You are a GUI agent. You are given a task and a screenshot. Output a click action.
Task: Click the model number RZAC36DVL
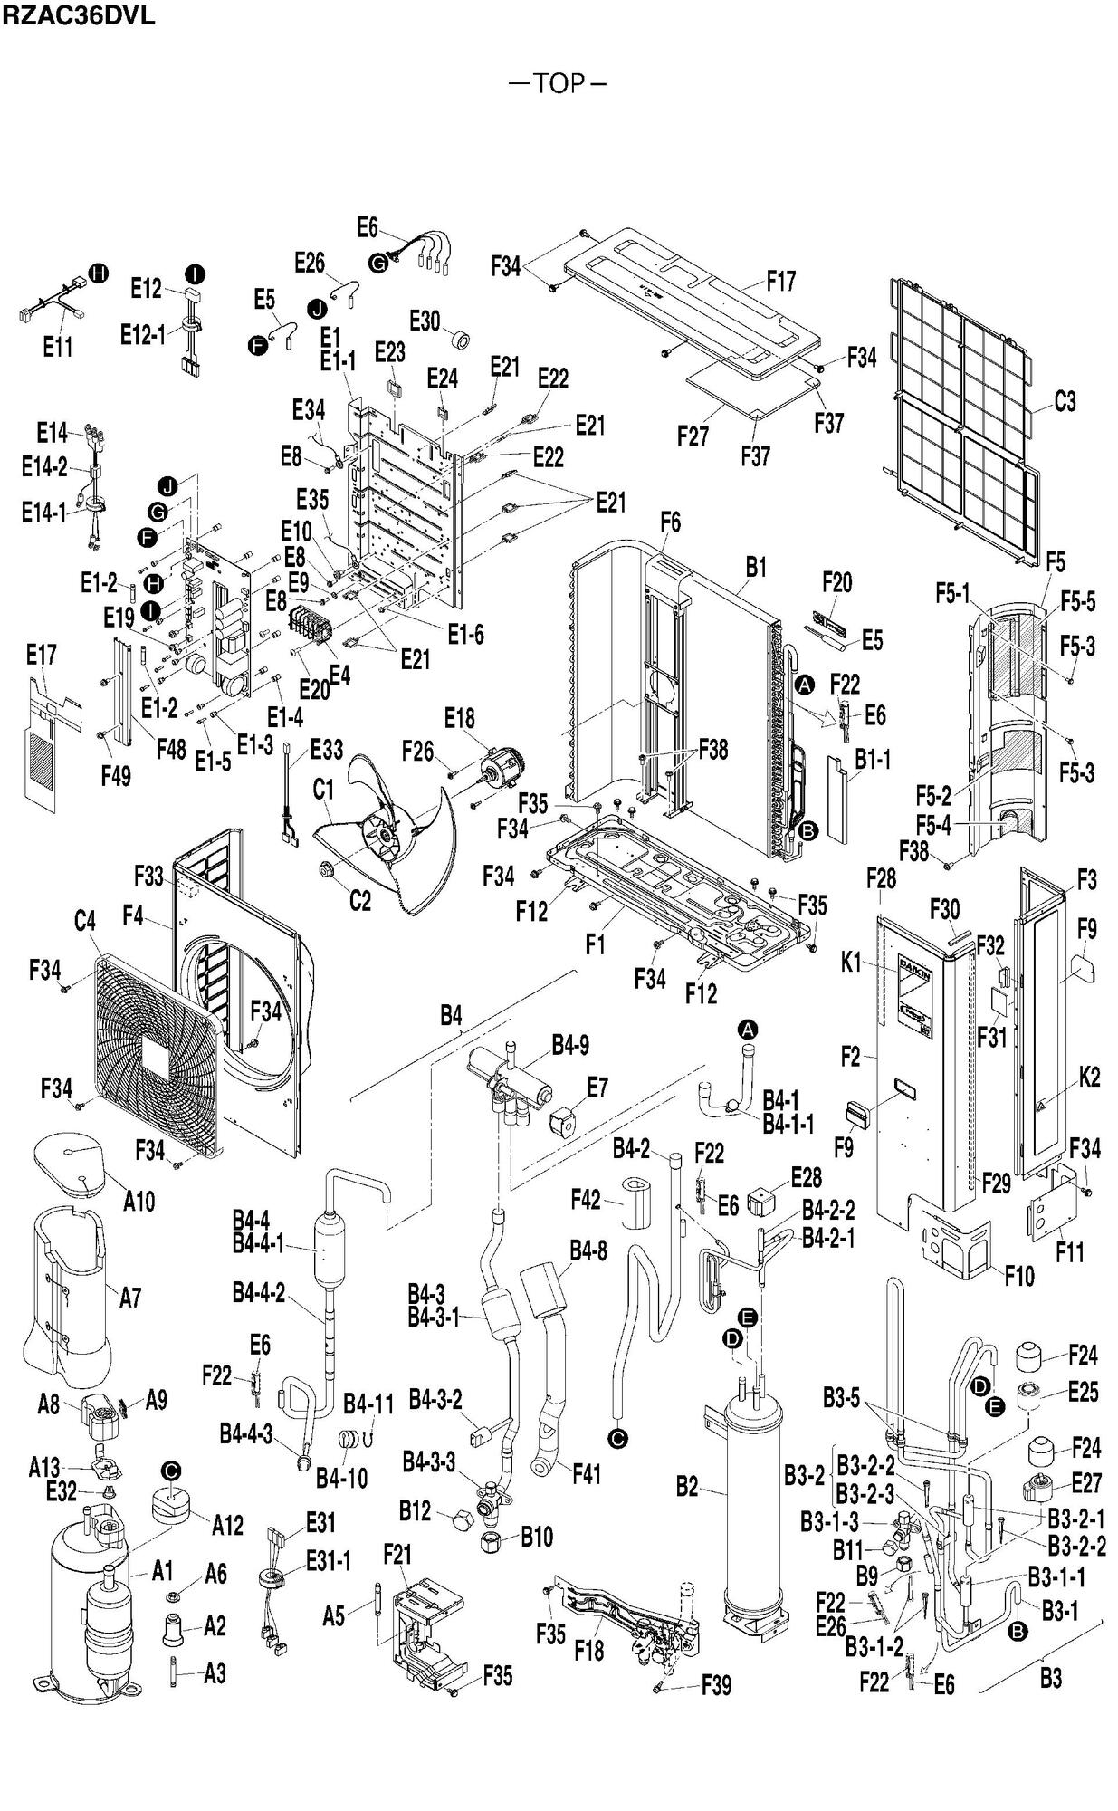(x=79, y=15)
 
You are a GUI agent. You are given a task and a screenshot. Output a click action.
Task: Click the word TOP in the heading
(x=559, y=84)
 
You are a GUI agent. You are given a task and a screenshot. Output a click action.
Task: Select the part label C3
(x=1065, y=401)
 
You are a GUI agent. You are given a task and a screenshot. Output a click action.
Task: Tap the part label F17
(x=780, y=281)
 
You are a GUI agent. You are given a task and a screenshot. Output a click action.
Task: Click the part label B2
(x=688, y=1486)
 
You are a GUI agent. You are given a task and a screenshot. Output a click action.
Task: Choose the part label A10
(x=139, y=1202)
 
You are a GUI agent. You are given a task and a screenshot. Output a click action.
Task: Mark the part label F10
(x=1019, y=1277)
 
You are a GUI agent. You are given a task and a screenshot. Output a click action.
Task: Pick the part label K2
(x=1089, y=1078)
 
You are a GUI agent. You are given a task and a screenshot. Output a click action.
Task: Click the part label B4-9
(x=570, y=1045)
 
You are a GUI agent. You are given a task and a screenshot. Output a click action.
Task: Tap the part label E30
(x=425, y=321)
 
